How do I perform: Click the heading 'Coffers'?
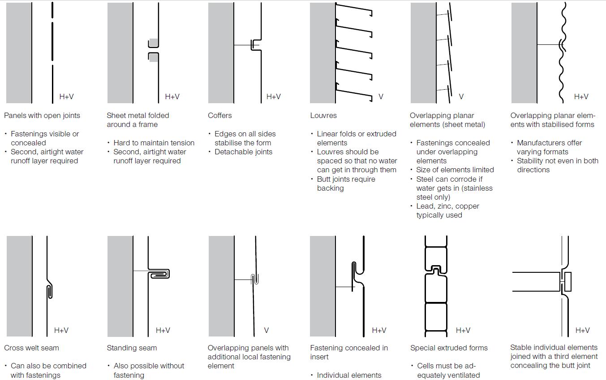point(219,115)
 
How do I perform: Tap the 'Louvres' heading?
point(323,115)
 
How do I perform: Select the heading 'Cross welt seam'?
point(31,348)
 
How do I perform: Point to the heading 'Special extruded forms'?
point(449,348)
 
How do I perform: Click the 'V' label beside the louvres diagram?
point(381,96)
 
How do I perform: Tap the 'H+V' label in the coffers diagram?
point(273,96)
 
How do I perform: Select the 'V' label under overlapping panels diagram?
point(266,330)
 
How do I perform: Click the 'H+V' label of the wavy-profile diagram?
point(581,96)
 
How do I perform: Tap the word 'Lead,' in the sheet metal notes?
point(426,206)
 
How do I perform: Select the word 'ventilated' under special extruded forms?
point(461,375)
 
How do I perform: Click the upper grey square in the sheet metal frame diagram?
point(154,43)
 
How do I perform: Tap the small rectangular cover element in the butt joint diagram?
point(568,280)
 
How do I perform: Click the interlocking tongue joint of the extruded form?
point(434,272)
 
